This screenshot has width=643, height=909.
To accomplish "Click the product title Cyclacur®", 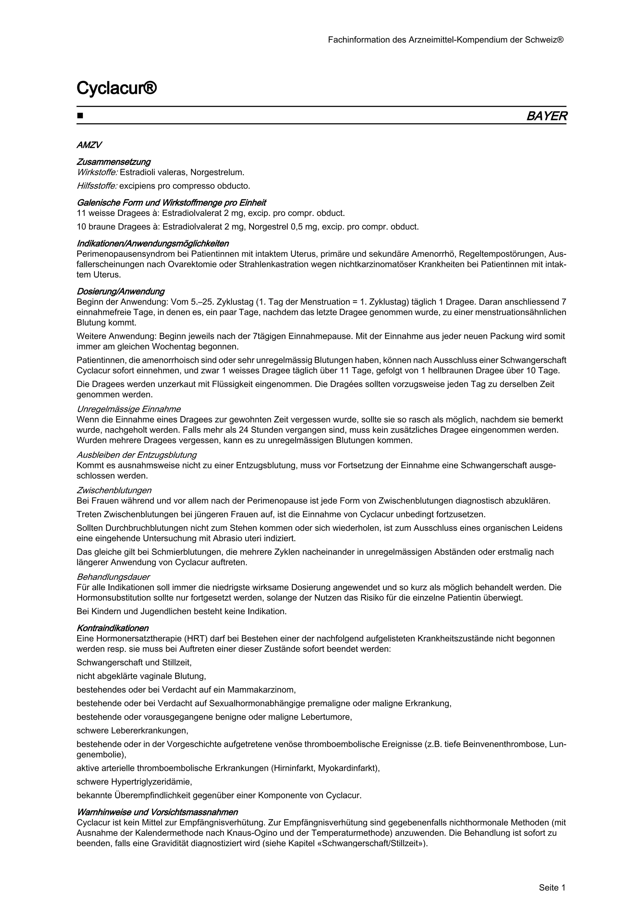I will tap(116, 88).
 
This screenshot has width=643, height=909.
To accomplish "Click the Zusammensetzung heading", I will tap(113, 162).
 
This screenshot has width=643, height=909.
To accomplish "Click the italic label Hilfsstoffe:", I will tap(97, 186).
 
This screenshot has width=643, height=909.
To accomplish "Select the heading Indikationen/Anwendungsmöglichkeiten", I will tap(153, 243).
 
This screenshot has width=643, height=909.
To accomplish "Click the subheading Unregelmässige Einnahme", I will tap(128, 409).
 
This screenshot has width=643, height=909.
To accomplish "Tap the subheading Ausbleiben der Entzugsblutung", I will tap(136, 455).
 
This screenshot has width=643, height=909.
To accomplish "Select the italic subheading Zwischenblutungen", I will tap(114, 491).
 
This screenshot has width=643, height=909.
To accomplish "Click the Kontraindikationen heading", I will tap(112, 628).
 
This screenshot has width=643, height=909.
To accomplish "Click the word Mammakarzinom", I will tap(261, 690).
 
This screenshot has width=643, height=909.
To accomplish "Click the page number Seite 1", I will tap(552, 877).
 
